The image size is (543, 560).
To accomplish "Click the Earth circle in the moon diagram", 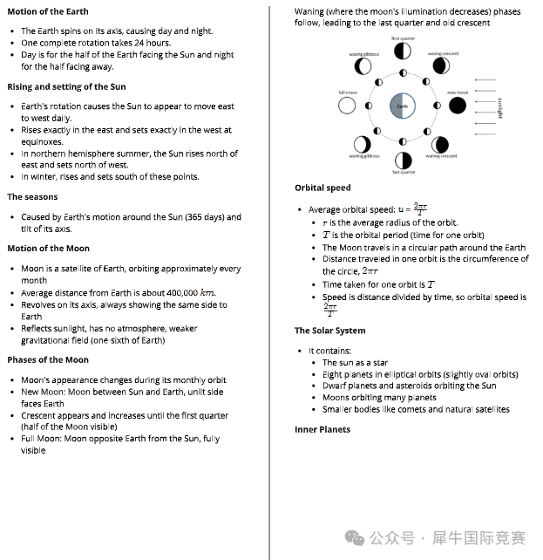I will point(402,106).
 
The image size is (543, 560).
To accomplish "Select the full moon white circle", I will point(348,106).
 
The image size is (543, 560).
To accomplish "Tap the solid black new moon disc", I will point(458,106).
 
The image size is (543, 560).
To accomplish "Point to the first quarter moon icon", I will point(403,51).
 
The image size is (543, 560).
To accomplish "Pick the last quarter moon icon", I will point(403,160).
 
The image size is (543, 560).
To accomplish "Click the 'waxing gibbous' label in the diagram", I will point(364,54).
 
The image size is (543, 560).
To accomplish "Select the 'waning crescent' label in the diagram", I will point(440,156).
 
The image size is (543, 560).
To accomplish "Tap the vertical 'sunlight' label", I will point(500,106).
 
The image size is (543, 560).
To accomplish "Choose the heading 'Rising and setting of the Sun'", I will point(66,86).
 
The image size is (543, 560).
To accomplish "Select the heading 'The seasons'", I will point(32,197).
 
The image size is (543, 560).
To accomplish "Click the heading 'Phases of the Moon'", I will point(48,359).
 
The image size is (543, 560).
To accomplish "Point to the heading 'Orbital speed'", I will point(322,188).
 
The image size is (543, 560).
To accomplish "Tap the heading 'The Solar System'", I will point(329,331).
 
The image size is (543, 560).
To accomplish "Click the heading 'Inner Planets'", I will point(322,429).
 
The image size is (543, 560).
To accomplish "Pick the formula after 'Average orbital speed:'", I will point(412,209).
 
